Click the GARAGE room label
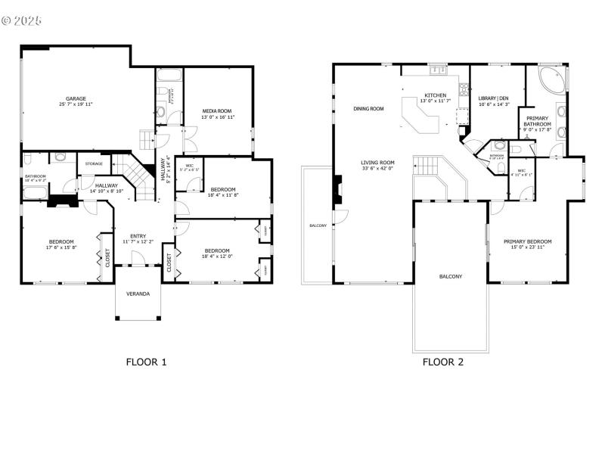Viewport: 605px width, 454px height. (75, 98)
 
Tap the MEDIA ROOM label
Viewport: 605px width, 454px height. (217, 111)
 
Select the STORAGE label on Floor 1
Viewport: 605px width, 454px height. (94, 163)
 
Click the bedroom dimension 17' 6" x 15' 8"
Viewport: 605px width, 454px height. (61, 247)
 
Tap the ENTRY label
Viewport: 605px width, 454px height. (138, 235)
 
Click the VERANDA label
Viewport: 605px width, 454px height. (138, 294)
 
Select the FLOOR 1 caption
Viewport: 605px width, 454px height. (146, 362)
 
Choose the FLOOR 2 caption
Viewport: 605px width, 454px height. (443, 362)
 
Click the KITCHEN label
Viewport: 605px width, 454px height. (435, 95)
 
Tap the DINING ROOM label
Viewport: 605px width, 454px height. (368, 109)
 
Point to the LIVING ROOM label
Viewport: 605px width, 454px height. (377, 162)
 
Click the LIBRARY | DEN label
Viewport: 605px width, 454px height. (494, 98)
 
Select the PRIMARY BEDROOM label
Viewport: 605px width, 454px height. (528, 241)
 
